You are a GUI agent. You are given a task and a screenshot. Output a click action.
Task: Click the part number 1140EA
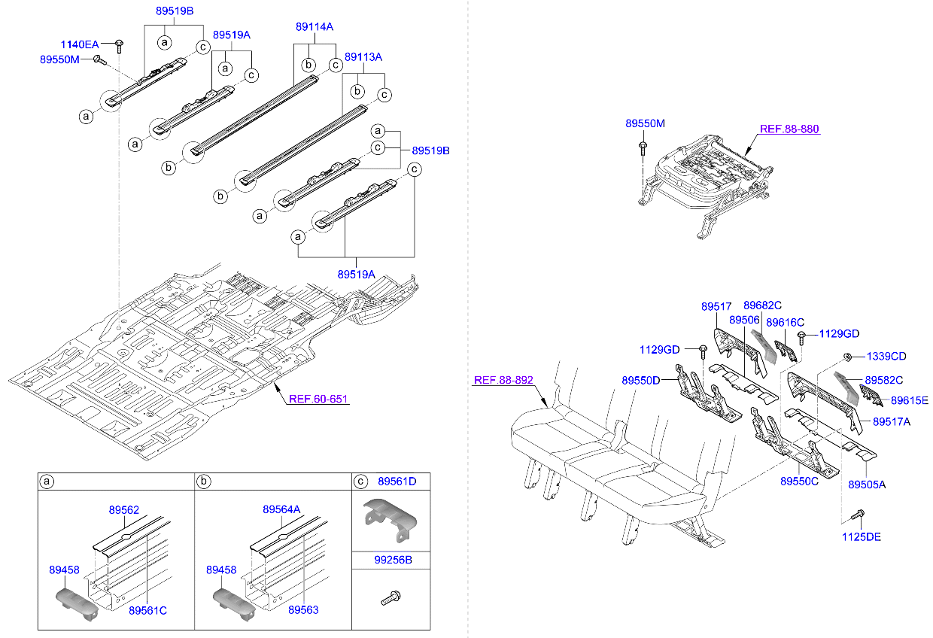point(80,44)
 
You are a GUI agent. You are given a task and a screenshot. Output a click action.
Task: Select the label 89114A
point(314,26)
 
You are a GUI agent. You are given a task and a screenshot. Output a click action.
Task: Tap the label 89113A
point(363,56)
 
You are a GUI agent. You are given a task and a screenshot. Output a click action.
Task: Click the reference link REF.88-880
point(789,129)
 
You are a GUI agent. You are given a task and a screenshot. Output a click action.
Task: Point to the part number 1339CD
point(886,356)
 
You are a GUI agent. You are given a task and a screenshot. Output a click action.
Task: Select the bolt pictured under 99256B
point(391,599)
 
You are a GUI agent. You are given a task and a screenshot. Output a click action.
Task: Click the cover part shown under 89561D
point(391,516)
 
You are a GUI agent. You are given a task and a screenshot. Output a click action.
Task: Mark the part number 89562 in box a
point(124,509)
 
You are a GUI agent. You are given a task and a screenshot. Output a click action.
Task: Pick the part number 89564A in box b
point(281,509)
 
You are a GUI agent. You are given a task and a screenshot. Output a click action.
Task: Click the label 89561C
point(147,610)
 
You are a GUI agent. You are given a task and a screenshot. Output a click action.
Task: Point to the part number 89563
point(303,610)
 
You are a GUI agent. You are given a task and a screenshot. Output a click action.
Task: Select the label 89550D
point(640,381)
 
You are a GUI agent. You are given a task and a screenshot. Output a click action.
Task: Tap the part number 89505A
point(867,485)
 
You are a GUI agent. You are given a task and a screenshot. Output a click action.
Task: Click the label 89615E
point(910,400)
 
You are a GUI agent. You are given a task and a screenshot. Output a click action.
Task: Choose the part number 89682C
point(762,305)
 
